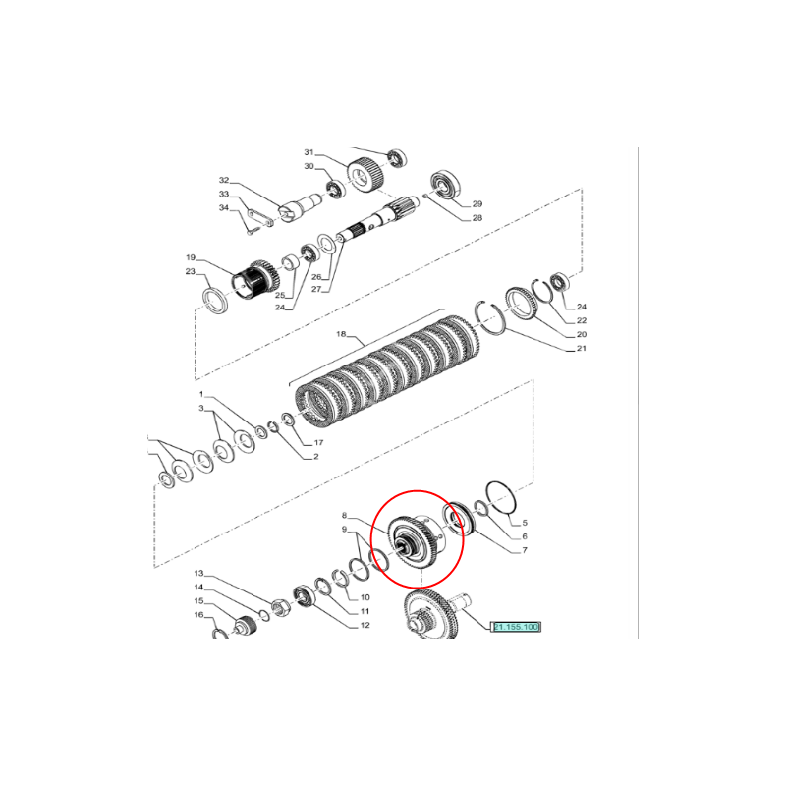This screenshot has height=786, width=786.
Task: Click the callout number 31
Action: point(309,152)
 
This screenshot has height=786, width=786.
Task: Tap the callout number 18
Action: point(341,334)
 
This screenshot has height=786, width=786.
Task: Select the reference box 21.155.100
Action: point(516,627)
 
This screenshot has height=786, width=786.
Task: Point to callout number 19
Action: point(191,257)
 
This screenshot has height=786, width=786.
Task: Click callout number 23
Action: point(190,272)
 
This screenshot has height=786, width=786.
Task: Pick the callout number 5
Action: point(525,523)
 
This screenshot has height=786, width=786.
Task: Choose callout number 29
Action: point(477,204)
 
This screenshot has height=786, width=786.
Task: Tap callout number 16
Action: point(199,615)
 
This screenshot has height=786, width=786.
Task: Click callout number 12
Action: point(365,625)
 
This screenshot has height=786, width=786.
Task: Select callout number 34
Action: point(224,208)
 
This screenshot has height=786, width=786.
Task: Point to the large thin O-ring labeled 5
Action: point(501,497)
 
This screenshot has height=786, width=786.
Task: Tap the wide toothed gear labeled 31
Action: point(365,174)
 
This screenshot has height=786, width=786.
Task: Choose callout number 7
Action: point(525,550)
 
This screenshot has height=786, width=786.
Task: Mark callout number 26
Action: point(316,277)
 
